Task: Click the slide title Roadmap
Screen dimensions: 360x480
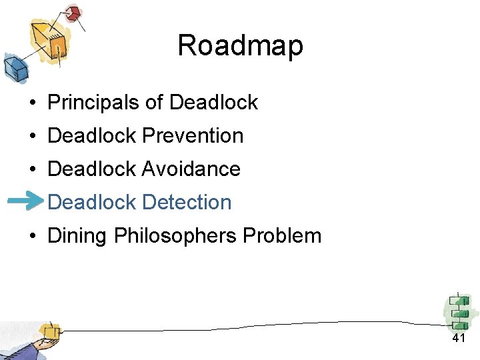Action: pyautogui.click(x=240, y=46)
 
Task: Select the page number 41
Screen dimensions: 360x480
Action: pyautogui.click(x=458, y=339)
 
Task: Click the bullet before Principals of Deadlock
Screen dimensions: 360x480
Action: pyautogui.click(x=32, y=103)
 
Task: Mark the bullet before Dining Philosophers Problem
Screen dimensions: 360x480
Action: pyautogui.click(x=32, y=236)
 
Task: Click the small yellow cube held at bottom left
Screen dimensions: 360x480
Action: pyautogui.click(x=49, y=331)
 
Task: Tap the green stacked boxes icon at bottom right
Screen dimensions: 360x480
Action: pyautogui.click(x=459, y=312)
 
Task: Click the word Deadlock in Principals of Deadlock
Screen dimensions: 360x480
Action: pyautogui.click(x=213, y=102)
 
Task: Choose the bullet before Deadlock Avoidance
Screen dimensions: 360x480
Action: pyautogui.click(x=32, y=169)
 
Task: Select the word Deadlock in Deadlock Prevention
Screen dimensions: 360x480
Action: pyautogui.click(x=93, y=135)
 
